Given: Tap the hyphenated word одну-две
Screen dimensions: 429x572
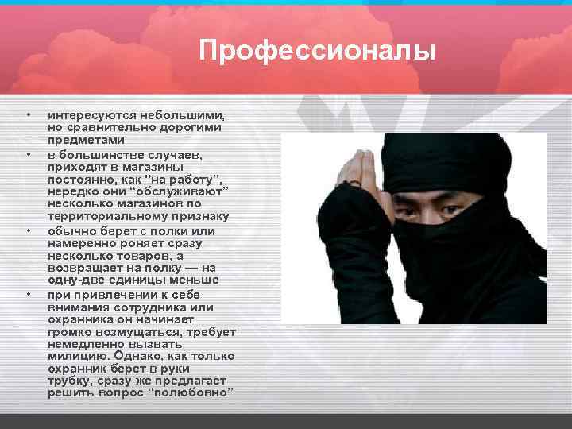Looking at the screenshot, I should (x=74, y=280).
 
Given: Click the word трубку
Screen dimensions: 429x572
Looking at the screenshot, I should (x=69, y=381).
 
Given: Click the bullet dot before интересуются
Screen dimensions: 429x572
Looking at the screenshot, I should (x=29, y=115).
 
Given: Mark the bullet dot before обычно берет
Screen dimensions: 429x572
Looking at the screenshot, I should (x=29, y=231).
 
